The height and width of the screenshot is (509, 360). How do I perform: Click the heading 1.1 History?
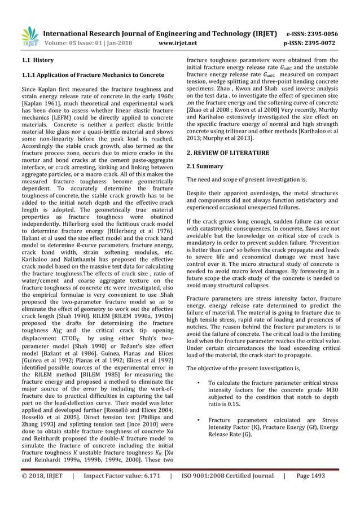tap(37, 59)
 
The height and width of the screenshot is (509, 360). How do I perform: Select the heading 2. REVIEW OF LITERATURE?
tap(227, 153)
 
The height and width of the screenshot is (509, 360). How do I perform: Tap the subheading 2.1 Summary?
tap(204, 166)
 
